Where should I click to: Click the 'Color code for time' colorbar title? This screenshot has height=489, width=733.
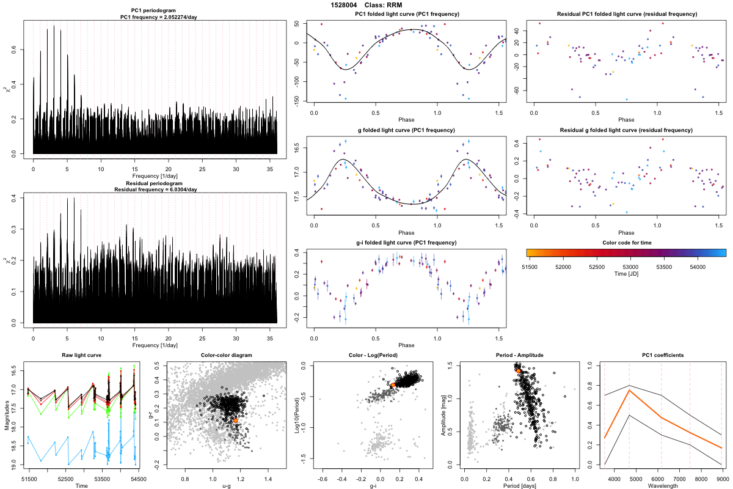click(626, 243)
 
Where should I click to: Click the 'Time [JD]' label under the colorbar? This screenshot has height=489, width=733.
click(626, 274)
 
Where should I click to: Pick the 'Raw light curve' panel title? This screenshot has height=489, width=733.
click(81, 355)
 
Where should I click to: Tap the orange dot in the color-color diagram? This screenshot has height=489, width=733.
click(236, 421)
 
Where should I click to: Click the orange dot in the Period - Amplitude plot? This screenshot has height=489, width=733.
click(519, 370)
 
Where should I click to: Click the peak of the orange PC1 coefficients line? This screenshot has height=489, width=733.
click(629, 390)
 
